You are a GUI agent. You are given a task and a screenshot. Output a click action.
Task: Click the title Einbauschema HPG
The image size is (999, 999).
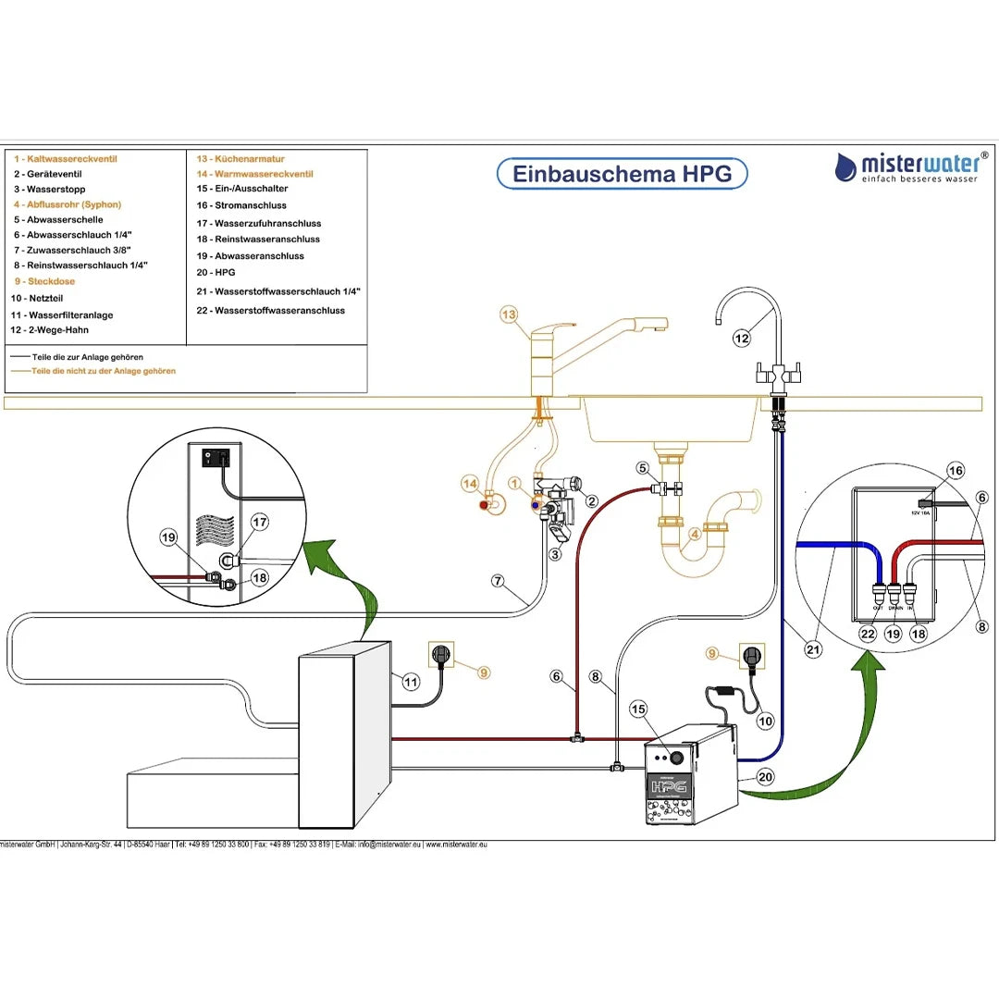pos(622,174)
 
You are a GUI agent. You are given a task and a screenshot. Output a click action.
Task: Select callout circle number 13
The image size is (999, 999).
pos(509,315)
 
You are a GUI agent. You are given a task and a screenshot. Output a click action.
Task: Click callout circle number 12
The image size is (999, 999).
pos(742,339)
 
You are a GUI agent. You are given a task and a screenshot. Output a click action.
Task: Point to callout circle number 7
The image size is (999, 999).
pos(498,582)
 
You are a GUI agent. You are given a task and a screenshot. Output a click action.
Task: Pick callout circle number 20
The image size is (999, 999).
pos(765,777)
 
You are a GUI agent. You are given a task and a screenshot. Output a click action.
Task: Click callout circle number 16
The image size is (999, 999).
pos(955,471)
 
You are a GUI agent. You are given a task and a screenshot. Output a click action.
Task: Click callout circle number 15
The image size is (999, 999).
pos(637,709)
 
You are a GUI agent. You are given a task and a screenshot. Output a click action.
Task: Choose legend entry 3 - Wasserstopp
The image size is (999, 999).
pos(50,190)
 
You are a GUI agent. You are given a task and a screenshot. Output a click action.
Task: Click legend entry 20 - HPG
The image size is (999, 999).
pos(216,273)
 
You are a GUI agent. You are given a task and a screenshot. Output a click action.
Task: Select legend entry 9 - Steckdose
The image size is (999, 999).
pos(44,281)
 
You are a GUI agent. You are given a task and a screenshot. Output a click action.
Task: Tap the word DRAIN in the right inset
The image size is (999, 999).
pos(894,609)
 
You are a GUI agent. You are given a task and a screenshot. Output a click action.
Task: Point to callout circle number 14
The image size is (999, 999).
pos(471,484)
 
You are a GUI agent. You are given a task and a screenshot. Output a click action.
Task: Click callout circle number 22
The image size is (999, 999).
pos(867,634)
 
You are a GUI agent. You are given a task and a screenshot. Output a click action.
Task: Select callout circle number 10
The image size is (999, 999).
pos(765,721)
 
